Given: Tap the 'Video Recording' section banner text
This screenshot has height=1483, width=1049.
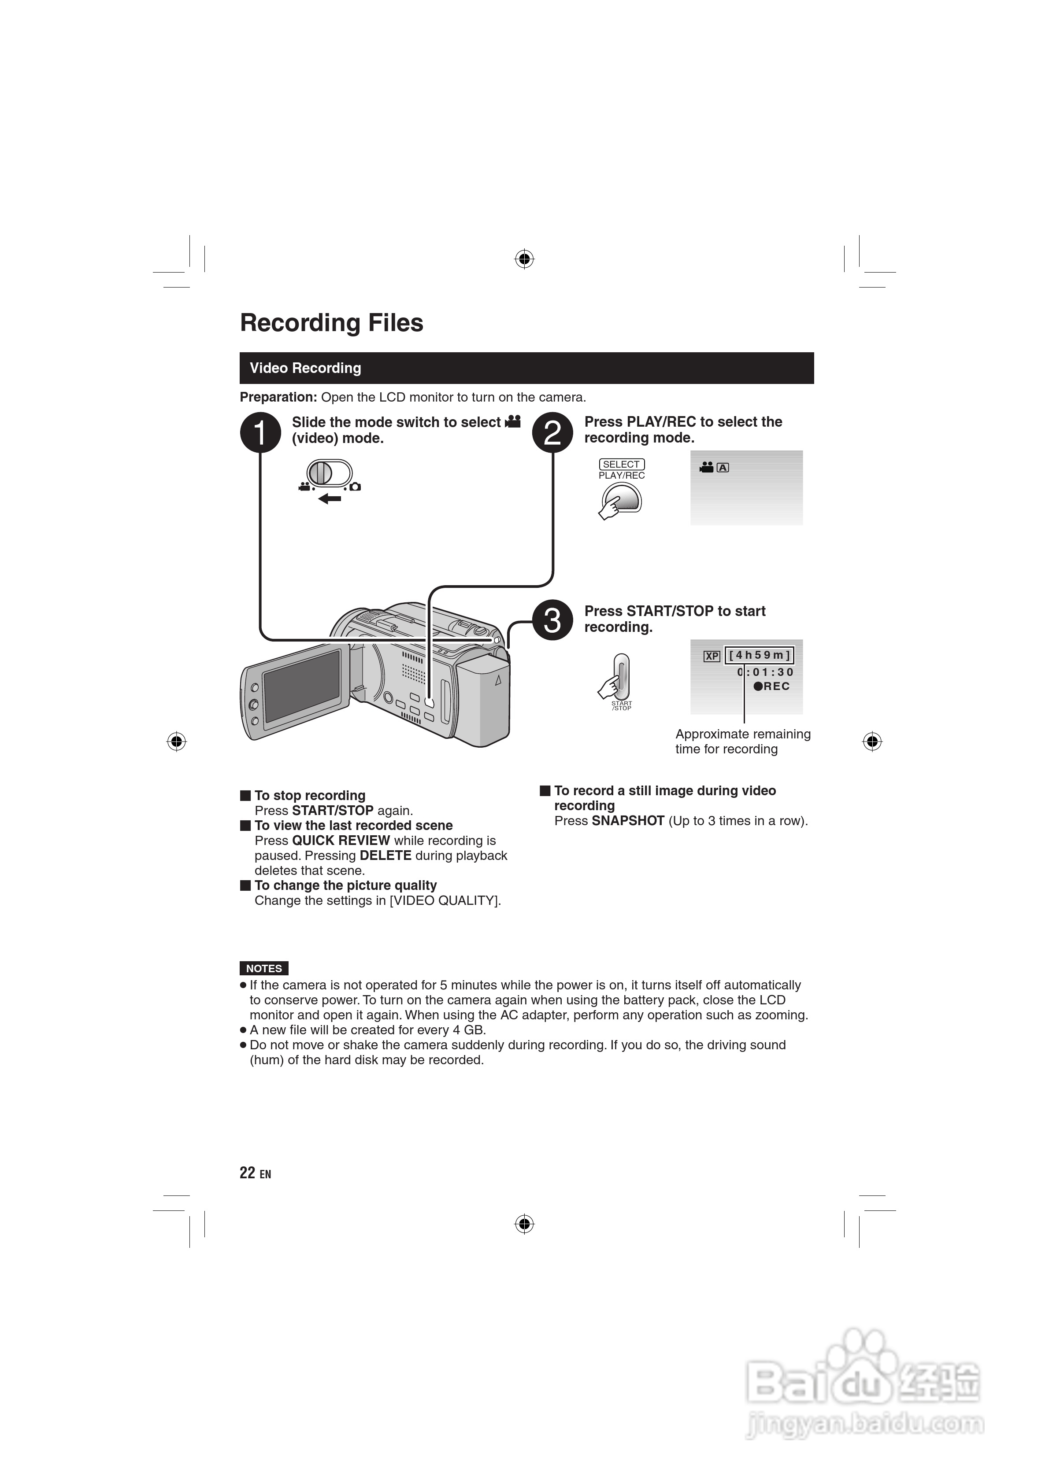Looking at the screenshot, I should [x=305, y=368].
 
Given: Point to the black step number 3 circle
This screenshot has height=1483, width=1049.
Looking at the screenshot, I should [x=552, y=620].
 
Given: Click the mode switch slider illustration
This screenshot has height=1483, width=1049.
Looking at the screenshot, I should [x=329, y=473].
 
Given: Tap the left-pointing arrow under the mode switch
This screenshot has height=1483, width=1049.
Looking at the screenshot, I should [x=330, y=498].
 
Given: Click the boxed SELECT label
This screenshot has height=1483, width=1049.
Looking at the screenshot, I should [x=621, y=465].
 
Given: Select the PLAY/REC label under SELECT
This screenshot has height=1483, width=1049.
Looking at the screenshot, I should [x=621, y=476].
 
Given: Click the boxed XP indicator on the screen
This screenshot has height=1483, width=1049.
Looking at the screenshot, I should [x=712, y=656].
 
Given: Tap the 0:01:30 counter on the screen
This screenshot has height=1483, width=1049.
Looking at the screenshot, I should [x=765, y=672].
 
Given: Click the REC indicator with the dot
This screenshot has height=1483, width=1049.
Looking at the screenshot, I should [x=772, y=686].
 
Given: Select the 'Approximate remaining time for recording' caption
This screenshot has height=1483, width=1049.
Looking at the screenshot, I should [x=743, y=741].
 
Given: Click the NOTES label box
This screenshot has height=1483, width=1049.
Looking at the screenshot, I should [x=264, y=969].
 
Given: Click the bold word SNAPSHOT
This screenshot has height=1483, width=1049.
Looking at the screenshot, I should [x=627, y=821].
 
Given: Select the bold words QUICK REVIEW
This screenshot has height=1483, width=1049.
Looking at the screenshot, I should [x=341, y=840].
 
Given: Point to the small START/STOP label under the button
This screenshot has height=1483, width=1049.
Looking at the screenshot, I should [x=621, y=706].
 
